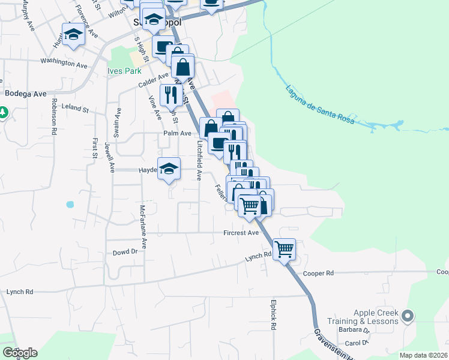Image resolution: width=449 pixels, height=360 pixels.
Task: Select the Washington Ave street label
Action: [64, 61]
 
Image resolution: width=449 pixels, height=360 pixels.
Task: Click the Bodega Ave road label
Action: [25, 94]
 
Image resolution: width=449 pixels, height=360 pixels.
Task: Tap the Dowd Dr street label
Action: [125, 253]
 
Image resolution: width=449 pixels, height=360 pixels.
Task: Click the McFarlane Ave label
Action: [143, 227]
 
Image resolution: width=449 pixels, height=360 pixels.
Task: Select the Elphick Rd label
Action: [273, 316]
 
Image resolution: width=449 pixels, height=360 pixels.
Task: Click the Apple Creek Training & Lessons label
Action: [376, 317]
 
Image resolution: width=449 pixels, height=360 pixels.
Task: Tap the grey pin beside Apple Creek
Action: [408, 315]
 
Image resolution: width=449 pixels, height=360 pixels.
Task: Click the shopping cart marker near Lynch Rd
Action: [285, 248]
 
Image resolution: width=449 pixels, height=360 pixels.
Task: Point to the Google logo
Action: [20, 353]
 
